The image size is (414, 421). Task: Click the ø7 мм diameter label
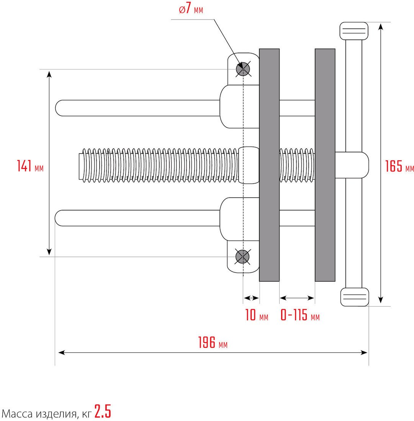(191, 10)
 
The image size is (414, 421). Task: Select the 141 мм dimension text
(30, 166)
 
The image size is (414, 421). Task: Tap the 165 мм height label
(399, 166)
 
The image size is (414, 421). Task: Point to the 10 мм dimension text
(257, 315)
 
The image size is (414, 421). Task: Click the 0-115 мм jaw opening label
(300, 315)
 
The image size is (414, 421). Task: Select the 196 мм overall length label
(213, 342)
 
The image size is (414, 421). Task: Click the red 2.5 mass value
(103, 411)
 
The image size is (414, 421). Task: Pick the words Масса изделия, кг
(47, 413)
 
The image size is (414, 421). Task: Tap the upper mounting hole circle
(243, 69)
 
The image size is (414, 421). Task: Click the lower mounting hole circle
(242, 257)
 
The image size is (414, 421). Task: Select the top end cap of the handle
(354, 31)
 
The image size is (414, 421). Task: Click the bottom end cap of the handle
(355, 297)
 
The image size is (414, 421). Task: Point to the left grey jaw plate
(269, 165)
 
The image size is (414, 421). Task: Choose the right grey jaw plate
(325, 165)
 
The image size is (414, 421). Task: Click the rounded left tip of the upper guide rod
(56, 108)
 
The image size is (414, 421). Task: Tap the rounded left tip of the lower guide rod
(56, 218)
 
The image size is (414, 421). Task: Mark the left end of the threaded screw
(79, 166)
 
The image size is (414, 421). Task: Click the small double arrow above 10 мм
(251, 298)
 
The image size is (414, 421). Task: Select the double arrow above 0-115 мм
(297, 298)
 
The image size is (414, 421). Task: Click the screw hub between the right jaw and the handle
(352, 165)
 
